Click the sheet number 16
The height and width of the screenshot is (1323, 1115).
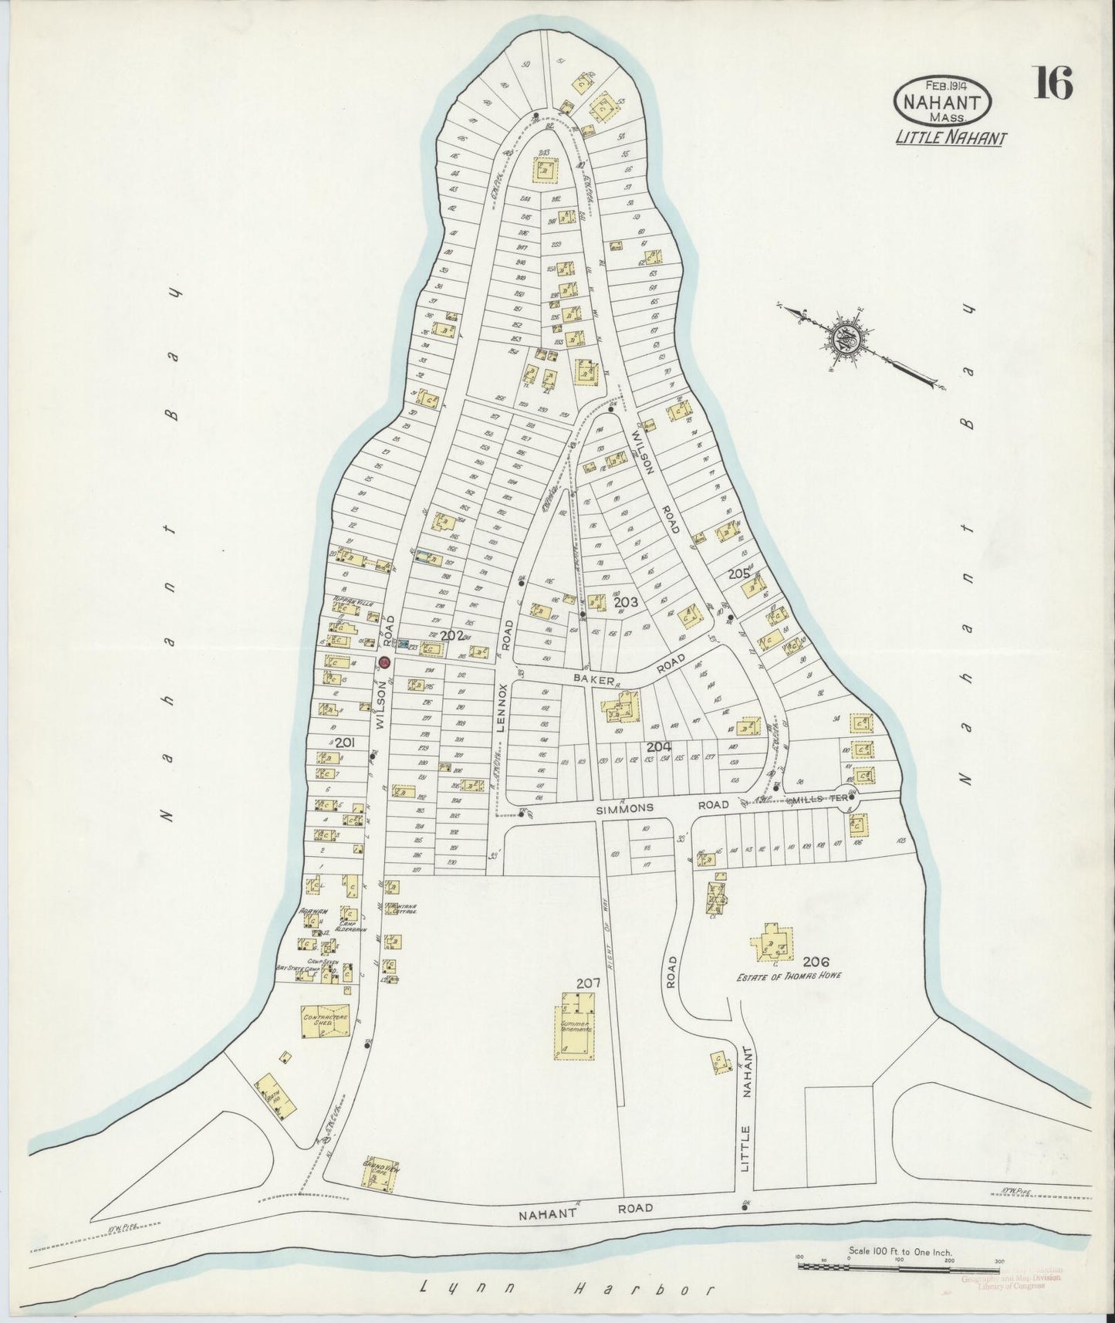[x=1053, y=83]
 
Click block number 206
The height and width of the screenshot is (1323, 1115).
[x=815, y=962]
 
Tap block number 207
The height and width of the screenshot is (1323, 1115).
[x=588, y=983]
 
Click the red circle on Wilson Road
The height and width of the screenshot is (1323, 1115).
[x=384, y=661]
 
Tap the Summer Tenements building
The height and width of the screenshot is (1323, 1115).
[x=576, y=1024]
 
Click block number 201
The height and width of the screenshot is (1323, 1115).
[x=344, y=743]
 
